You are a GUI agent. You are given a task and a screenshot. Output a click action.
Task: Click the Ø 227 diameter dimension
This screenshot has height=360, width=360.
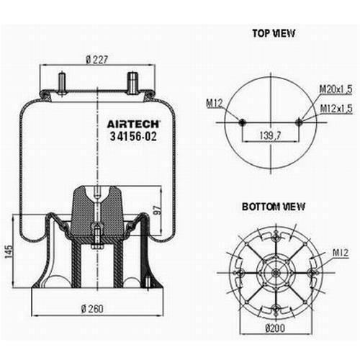(97, 60)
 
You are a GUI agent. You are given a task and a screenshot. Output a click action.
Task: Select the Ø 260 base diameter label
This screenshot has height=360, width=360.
(92, 309)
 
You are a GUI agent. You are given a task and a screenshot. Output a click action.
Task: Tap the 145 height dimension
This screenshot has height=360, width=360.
(9, 252)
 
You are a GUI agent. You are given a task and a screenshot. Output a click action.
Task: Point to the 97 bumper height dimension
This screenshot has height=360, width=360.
(158, 210)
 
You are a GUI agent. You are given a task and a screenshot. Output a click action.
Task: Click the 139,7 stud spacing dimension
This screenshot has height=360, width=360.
(270, 135)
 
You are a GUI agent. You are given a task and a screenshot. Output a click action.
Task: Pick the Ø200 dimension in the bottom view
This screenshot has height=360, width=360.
(275, 328)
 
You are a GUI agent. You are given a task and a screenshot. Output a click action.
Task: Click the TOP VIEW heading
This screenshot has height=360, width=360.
(274, 33)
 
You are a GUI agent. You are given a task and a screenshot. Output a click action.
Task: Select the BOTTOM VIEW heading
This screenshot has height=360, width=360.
(274, 207)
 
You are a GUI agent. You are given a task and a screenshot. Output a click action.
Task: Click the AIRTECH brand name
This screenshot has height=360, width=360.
(133, 125)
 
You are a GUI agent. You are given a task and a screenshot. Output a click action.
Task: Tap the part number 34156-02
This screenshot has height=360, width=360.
(133, 136)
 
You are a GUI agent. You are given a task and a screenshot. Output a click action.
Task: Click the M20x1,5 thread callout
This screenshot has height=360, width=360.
(336, 89)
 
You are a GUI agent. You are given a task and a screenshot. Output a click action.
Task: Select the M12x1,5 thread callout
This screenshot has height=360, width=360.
(336, 109)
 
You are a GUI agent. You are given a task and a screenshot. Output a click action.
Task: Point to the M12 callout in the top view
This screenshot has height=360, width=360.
(215, 104)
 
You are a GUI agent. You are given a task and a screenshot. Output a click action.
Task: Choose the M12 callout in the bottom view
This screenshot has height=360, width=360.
(341, 253)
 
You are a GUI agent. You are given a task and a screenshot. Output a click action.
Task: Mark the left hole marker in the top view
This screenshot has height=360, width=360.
(242, 122)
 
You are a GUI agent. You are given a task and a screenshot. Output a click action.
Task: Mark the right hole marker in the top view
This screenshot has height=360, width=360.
(299, 122)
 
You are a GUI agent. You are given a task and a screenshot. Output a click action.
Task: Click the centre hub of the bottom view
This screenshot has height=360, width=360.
(276, 273)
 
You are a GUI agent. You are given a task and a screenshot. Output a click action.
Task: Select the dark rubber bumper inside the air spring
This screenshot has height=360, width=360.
(97, 211)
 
